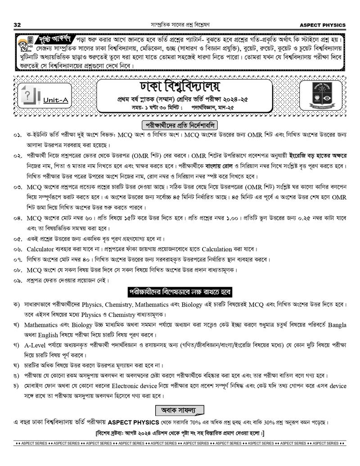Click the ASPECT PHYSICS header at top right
(323, 24)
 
